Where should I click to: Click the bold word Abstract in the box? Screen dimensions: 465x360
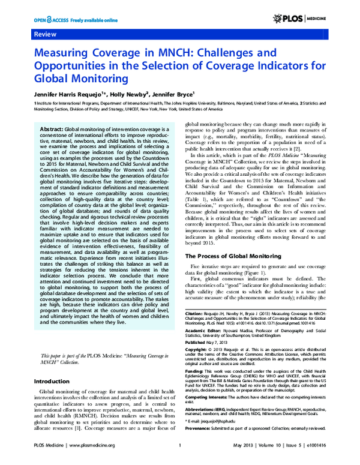[x=51, y=130]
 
